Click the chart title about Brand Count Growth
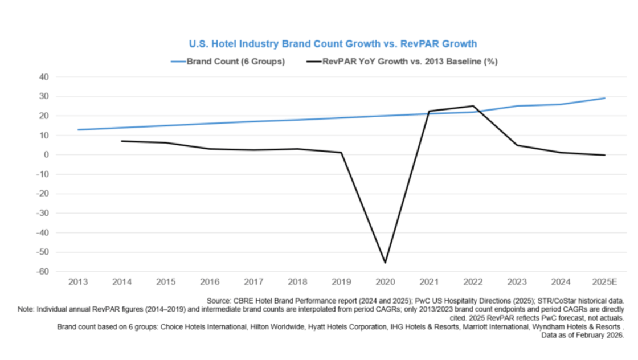click(x=333, y=43)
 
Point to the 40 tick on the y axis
click(x=44, y=77)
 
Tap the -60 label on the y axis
click(x=42, y=272)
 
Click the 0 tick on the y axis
click(x=46, y=155)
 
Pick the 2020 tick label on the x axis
click(x=385, y=281)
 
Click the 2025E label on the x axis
click(x=604, y=281)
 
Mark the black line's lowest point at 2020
click(x=385, y=263)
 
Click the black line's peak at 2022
click(x=473, y=106)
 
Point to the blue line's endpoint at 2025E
click(x=604, y=98)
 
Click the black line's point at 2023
click(x=517, y=145)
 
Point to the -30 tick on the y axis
click(x=42, y=214)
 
